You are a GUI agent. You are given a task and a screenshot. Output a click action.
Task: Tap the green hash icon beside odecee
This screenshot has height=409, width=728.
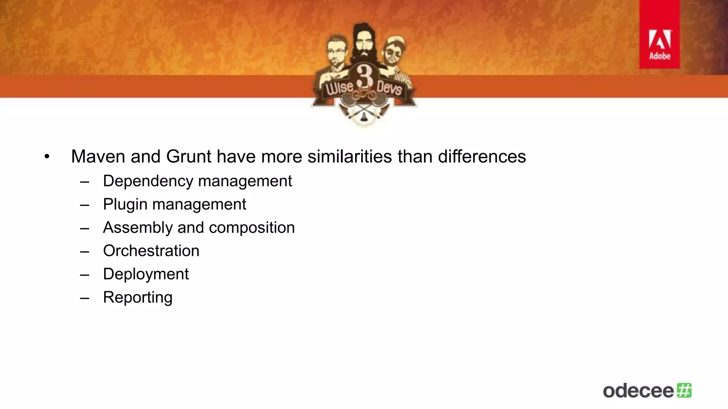pyautogui.click(x=684, y=391)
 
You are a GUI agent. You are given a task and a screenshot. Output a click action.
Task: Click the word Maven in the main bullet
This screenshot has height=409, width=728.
pyautogui.click(x=98, y=157)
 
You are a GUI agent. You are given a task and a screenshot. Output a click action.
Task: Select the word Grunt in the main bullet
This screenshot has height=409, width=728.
pyautogui.click(x=189, y=157)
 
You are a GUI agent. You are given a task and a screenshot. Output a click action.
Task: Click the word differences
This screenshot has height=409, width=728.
pyautogui.click(x=482, y=157)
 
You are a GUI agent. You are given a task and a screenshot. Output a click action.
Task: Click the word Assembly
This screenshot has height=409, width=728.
pyautogui.click(x=138, y=228)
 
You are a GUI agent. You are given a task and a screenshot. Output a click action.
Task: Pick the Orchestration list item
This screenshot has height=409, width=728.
pyautogui.click(x=151, y=251)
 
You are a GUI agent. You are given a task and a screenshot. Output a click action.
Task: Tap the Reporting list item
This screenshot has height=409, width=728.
pyautogui.click(x=138, y=298)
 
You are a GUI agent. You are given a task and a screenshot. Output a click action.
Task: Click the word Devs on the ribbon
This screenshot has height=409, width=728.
pyautogui.click(x=389, y=87)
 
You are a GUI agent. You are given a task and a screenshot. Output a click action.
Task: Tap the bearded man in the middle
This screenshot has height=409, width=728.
pyautogui.click(x=363, y=43)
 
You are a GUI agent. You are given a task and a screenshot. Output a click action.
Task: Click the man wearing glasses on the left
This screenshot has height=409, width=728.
pyautogui.click(x=336, y=53)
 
